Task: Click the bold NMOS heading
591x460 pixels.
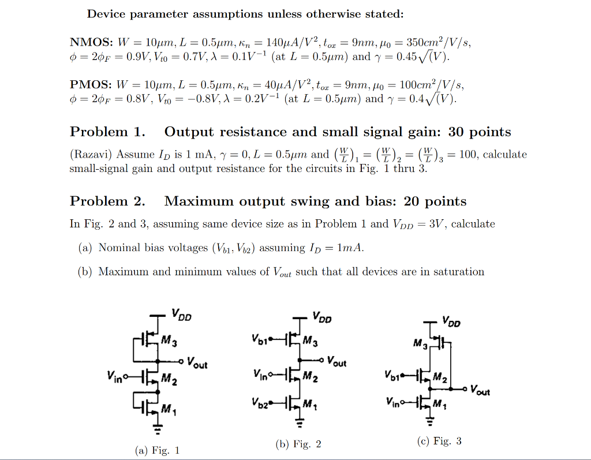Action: [x=91, y=43]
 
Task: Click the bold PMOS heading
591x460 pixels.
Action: [x=91, y=85]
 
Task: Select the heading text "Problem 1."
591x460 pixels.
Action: [x=107, y=132]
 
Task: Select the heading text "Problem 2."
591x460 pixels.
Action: [x=107, y=201]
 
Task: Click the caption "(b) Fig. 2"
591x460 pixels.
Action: [x=298, y=444]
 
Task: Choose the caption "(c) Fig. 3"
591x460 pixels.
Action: [x=439, y=441]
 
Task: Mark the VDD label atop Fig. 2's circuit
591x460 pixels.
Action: [x=322, y=317]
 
